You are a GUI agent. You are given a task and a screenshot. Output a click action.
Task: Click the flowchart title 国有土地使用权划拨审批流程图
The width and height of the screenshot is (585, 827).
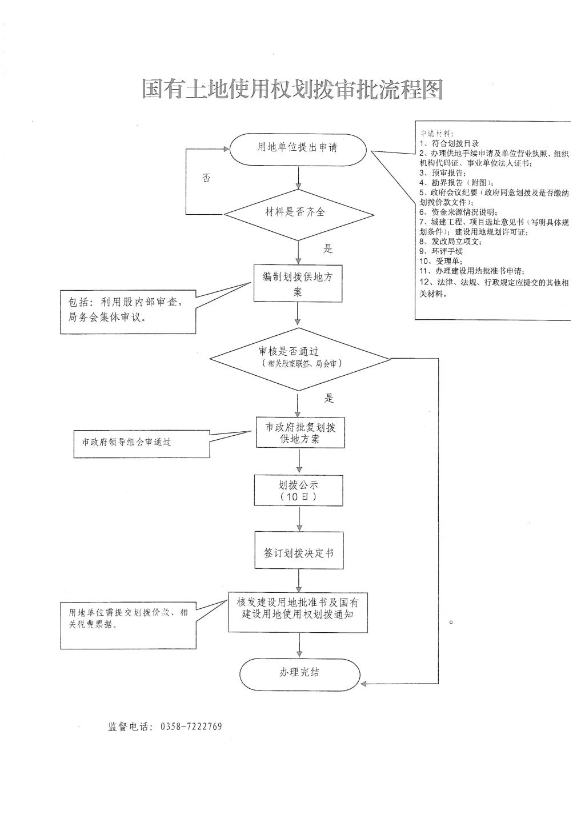coord(292,90)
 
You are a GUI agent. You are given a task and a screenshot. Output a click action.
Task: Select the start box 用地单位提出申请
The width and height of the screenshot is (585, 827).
coord(298,148)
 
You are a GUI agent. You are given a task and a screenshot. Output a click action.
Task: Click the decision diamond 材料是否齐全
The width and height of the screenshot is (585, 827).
coord(298,212)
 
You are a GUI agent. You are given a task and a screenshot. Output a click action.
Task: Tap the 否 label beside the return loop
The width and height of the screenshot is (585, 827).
coord(206,178)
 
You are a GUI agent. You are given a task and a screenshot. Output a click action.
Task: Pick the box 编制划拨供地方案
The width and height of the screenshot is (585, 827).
coord(298,283)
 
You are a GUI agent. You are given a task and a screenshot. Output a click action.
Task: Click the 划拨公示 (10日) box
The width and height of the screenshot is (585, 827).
coord(298,491)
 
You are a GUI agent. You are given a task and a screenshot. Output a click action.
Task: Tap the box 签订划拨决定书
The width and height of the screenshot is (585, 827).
coord(299,553)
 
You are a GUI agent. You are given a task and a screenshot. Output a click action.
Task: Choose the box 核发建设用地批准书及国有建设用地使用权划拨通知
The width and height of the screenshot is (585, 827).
coord(298,612)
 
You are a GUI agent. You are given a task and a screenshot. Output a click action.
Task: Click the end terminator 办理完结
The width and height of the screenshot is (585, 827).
coord(299,673)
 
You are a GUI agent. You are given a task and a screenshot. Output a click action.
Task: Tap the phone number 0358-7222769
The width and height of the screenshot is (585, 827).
coord(191,726)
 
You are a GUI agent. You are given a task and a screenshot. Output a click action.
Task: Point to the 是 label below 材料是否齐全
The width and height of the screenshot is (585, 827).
coord(328,249)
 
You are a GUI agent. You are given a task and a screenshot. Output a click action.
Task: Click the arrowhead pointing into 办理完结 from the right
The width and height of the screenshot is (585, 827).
coord(364,684)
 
